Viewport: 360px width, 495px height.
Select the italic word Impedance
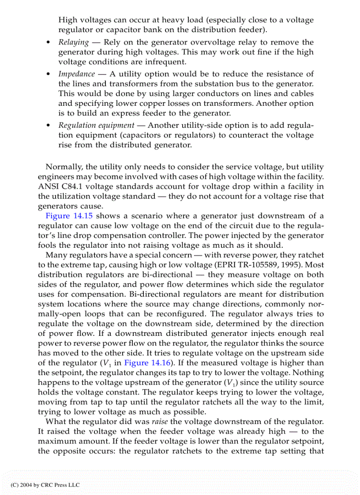(x=77, y=74)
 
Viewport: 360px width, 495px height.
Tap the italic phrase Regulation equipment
(x=96, y=125)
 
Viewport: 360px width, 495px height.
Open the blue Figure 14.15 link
(x=70, y=216)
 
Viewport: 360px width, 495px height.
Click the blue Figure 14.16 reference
(x=143, y=363)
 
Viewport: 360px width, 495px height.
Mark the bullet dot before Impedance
(x=48, y=74)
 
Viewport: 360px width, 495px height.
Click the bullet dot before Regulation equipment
(x=48, y=125)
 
